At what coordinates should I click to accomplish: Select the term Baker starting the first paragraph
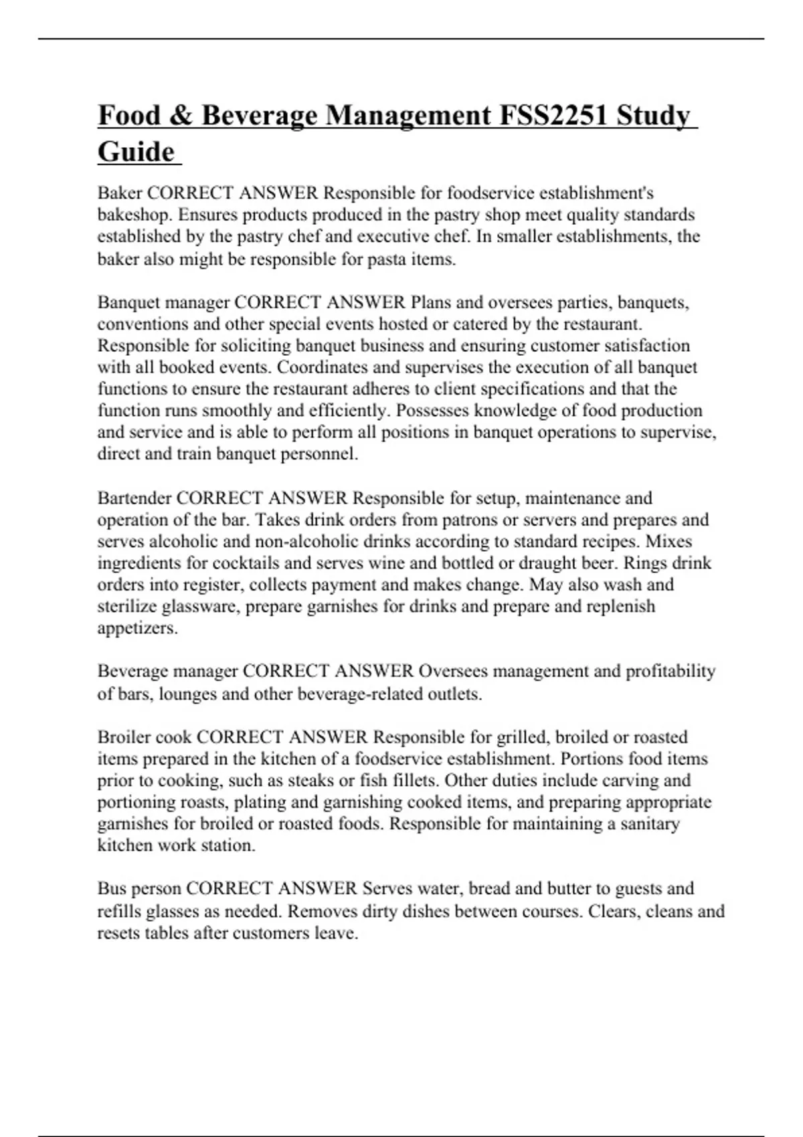[x=120, y=193]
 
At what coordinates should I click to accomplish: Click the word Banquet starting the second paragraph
[x=128, y=302]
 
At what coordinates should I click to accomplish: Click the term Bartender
[x=135, y=498]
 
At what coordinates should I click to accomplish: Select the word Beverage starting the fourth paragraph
[x=132, y=671]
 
